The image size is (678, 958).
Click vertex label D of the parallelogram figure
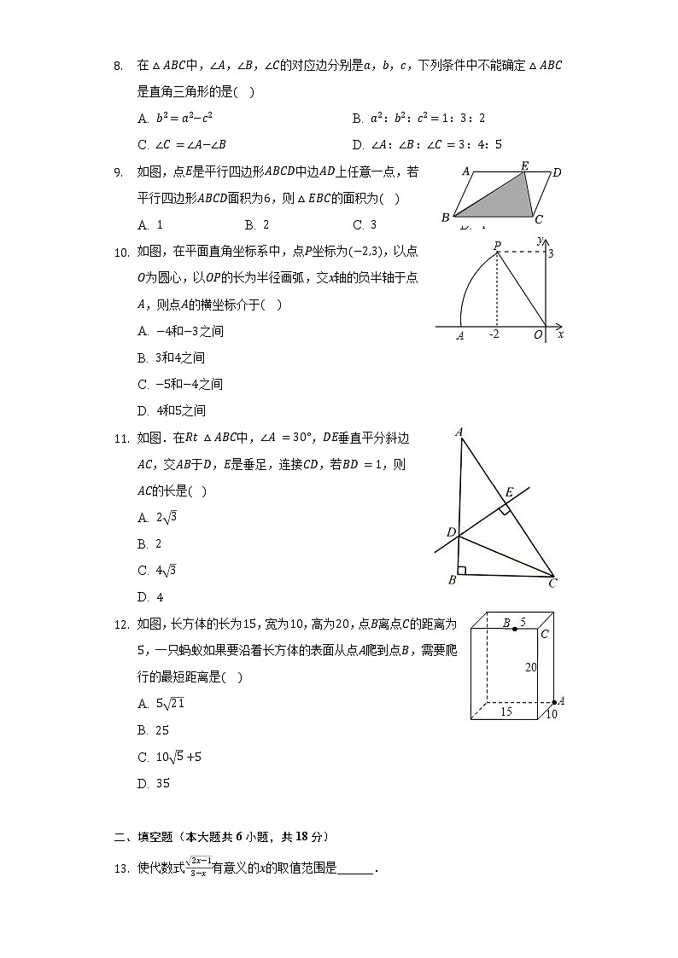[x=556, y=173]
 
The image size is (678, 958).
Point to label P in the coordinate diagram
[x=497, y=246]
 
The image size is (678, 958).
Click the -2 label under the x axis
[x=494, y=334]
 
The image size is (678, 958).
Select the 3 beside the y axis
[x=551, y=253]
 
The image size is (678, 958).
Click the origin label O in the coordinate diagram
[x=538, y=335]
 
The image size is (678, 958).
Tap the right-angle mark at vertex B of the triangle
[x=462, y=570]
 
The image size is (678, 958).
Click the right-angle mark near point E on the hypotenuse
[x=505, y=509]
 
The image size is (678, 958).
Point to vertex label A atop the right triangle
[x=459, y=433]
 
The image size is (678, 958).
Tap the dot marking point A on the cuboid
[x=554, y=702]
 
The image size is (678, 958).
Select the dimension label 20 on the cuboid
[x=530, y=667]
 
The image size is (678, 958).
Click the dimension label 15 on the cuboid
[x=506, y=711]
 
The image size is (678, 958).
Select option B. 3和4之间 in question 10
[x=171, y=357]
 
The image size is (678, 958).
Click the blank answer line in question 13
[x=355, y=869]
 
